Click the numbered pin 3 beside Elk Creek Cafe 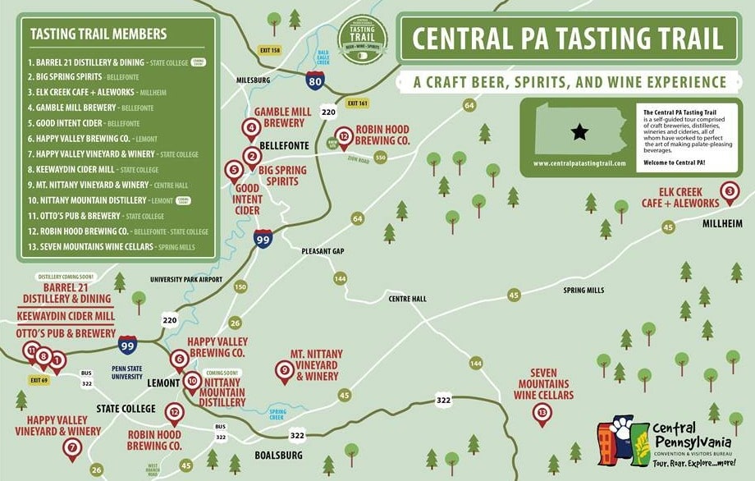pyautogui.click(x=730, y=192)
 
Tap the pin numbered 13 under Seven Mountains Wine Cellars pyautogui.click(x=542, y=413)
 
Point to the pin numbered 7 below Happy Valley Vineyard pyautogui.click(x=72, y=447)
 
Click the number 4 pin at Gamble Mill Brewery pyautogui.click(x=251, y=128)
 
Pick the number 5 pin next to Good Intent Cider pyautogui.click(x=234, y=171)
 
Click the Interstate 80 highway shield pyautogui.click(x=316, y=80)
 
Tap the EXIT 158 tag pyautogui.click(x=268, y=51)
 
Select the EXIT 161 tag pyautogui.click(x=358, y=103)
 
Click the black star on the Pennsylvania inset pyautogui.click(x=579, y=131)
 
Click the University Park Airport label pyautogui.click(x=187, y=279)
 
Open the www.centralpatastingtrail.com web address pyautogui.click(x=579, y=163)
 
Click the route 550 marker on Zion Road pyautogui.click(x=380, y=156)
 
